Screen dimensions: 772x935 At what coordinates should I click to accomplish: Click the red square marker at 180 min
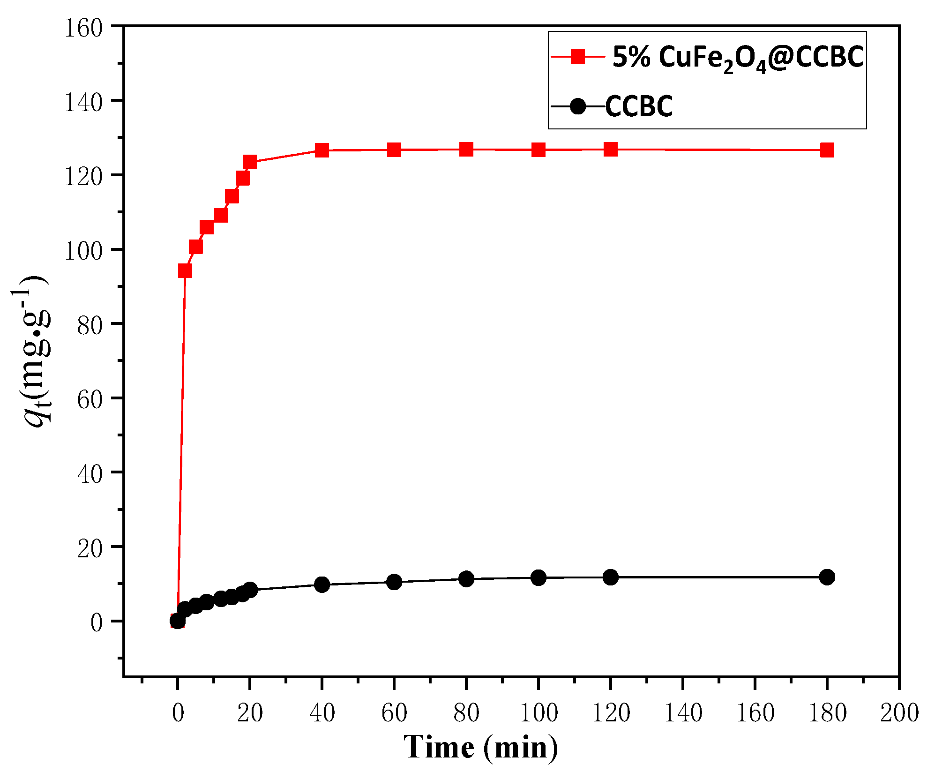tap(827, 150)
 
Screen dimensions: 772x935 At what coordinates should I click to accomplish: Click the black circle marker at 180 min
tap(827, 577)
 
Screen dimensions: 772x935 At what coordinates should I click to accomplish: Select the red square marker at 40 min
tap(322, 150)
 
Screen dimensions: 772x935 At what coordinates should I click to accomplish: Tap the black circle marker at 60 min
tap(394, 582)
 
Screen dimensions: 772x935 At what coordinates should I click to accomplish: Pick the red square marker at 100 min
tap(539, 150)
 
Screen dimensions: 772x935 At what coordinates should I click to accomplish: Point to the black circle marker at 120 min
tap(610, 577)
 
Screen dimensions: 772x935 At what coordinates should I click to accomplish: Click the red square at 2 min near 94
tap(185, 271)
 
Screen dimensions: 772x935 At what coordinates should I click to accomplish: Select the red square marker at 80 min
tap(466, 150)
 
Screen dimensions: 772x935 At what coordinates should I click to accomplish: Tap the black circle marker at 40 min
tap(322, 585)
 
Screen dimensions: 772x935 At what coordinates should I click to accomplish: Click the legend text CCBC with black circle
tap(639, 106)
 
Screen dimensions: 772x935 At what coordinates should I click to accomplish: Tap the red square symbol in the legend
tap(578, 57)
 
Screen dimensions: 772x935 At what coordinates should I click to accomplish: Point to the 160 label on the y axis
tap(83, 28)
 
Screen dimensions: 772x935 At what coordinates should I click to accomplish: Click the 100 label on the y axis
tap(83, 251)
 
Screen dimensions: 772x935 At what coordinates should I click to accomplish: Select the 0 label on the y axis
tap(96, 622)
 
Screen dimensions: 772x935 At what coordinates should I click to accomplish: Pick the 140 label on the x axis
tap(683, 713)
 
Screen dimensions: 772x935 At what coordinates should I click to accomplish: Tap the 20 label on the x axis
tap(250, 713)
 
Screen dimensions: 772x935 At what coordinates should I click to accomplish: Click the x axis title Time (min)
tap(481, 747)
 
